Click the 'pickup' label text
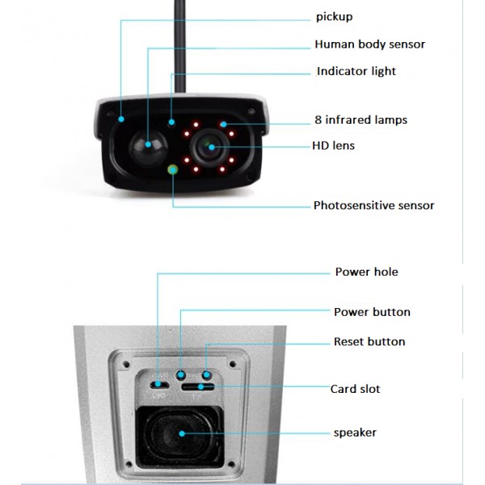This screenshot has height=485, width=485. [x=334, y=17]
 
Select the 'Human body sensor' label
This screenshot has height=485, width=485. [x=369, y=44]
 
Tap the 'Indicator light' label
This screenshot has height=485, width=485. [x=356, y=71]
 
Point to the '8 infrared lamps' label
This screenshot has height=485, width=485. [x=361, y=120]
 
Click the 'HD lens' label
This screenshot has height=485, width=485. [x=333, y=146]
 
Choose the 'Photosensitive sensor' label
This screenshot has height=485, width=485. [x=373, y=205]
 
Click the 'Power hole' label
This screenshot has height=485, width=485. [x=366, y=272]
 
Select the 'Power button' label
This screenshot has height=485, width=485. [x=372, y=312]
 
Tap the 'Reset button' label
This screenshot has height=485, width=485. [x=369, y=342]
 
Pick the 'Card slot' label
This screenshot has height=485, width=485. [x=355, y=389]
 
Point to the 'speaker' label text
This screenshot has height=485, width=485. [x=355, y=432]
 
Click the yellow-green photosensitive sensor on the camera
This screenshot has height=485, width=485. [x=172, y=169]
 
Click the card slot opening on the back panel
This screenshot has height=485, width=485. [x=199, y=388]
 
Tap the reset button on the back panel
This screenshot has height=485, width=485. [x=207, y=375]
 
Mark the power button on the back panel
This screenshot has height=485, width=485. [x=181, y=375]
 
